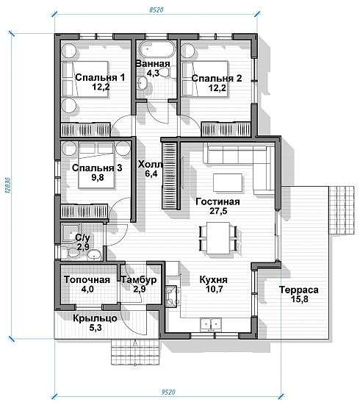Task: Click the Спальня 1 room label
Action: click(x=100, y=77)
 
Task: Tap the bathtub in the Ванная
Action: click(x=157, y=49)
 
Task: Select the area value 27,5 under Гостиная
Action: click(x=218, y=211)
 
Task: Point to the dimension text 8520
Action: click(x=156, y=10)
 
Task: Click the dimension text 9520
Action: click(x=168, y=392)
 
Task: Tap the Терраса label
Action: click(x=299, y=290)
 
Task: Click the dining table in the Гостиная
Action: click(x=218, y=238)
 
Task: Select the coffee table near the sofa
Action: click(x=228, y=182)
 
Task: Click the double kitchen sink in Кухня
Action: click(x=211, y=324)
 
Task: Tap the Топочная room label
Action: click(x=87, y=280)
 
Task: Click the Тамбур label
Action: click(x=139, y=280)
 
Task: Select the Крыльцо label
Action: click(x=95, y=318)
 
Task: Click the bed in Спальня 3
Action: click(x=96, y=165)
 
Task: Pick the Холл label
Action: click(x=150, y=165)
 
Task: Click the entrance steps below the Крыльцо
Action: click(x=135, y=352)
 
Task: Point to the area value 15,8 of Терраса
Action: click(x=299, y=299)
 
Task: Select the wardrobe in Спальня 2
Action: click(x=226, y=129)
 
